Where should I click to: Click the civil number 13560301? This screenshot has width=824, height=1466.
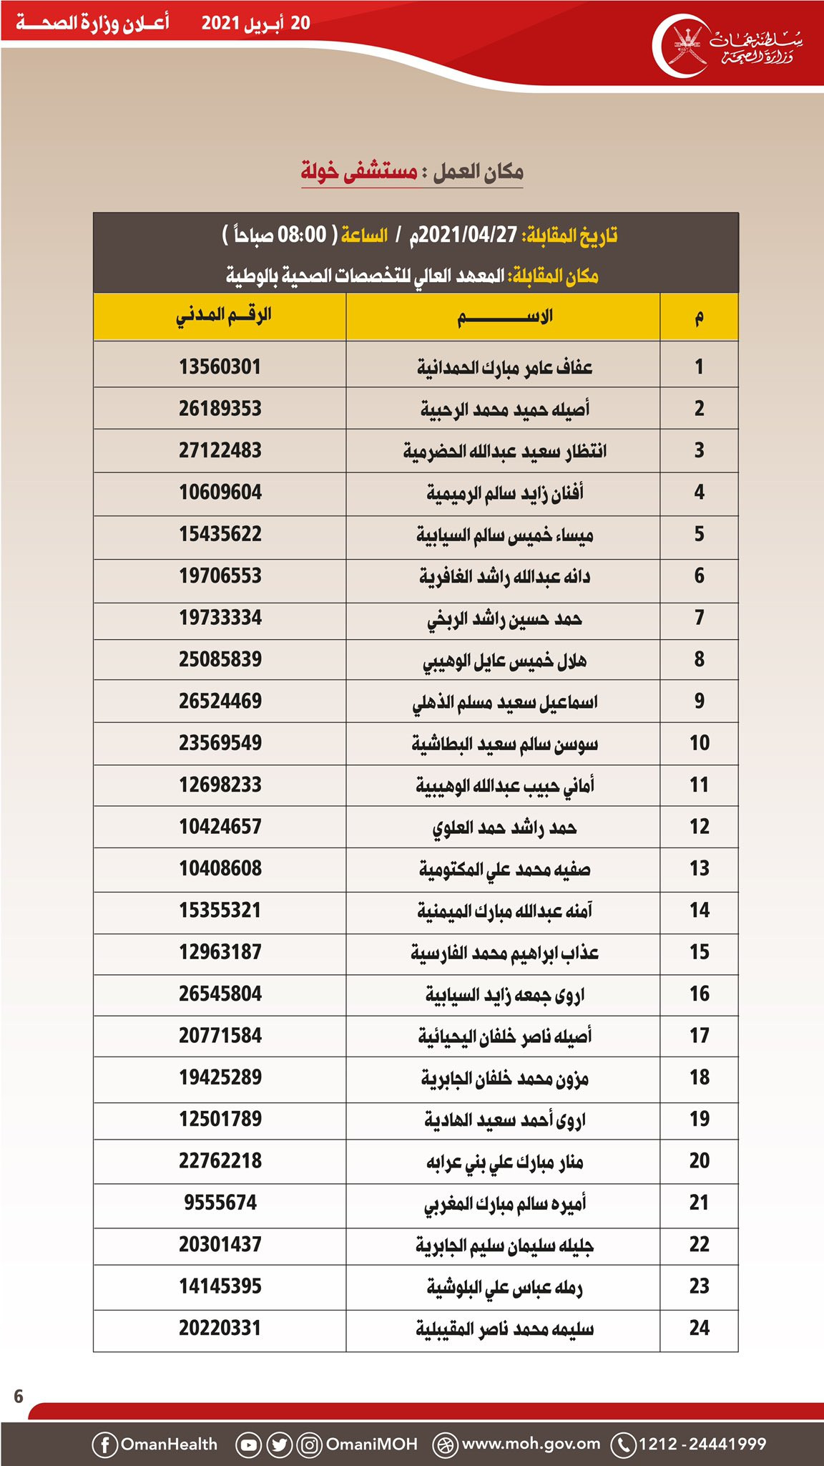coord(220,366)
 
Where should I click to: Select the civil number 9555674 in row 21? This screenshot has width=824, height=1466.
coord(220,1203)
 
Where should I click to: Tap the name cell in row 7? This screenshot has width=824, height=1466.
coord(504,618)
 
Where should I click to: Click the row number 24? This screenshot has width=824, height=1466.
coord(699,1328)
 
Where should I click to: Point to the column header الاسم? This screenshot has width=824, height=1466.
coord(504,316)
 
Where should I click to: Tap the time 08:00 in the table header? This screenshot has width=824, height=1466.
coord(301,235)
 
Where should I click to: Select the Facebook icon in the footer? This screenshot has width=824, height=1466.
coord(104,1445)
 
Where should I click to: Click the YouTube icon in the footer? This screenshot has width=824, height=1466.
coord(248,1445)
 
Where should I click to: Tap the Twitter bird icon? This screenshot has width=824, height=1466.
coord(279,1445)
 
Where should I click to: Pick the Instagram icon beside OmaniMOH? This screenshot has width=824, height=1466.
coord(309,1445)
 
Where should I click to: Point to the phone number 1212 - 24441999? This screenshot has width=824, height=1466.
coord(702,1444)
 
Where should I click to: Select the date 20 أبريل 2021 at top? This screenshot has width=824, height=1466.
coord(255,23)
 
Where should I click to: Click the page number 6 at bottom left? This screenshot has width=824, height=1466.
coord(19,1396)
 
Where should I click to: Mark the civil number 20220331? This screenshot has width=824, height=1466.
coord(220,1328)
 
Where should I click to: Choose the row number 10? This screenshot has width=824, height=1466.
coord(699,743)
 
